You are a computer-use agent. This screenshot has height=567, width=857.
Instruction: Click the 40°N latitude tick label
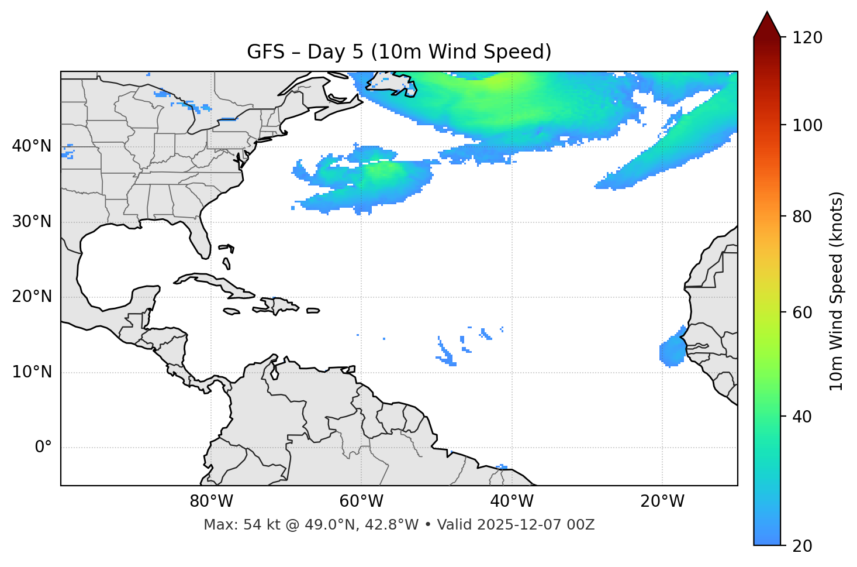pyautogui.click(x=32, y=146)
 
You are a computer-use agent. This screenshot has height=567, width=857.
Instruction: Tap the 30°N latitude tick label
pyautogui.click(x=32, y=222)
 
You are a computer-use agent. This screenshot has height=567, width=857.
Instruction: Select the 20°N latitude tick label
pyautogui.click(x=32, y=297)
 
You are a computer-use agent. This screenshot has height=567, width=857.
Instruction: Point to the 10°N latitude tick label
pyautogui.click(x=32, y=372)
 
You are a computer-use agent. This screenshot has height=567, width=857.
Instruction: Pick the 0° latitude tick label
pyautogui.click(x=43, y=448)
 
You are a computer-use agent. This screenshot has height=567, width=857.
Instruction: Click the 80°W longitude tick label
pyautogui.click(x=211, y=501)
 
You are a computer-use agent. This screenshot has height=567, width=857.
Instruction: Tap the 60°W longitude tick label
pyautogui.click(x=361, y=501)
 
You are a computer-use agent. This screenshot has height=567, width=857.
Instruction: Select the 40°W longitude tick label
pyautogui.click(x=512, y=501)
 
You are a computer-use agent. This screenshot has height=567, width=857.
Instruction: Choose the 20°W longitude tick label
pyautogui.click(x=662, y=501)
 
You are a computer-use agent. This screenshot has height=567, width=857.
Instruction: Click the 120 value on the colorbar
pyautogui.click(x=807, y=37)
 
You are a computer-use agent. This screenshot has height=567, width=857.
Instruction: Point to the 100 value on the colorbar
pyautogui.click(x=807, y=125)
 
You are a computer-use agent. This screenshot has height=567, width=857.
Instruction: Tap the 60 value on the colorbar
pyautogui.click(x=803, y=312)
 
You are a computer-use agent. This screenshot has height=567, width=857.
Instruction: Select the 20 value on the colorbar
pyautogui.click(x=803, y=545)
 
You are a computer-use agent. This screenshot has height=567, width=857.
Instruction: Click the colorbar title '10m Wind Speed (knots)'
pyautogui.click(x=837, y=291)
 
